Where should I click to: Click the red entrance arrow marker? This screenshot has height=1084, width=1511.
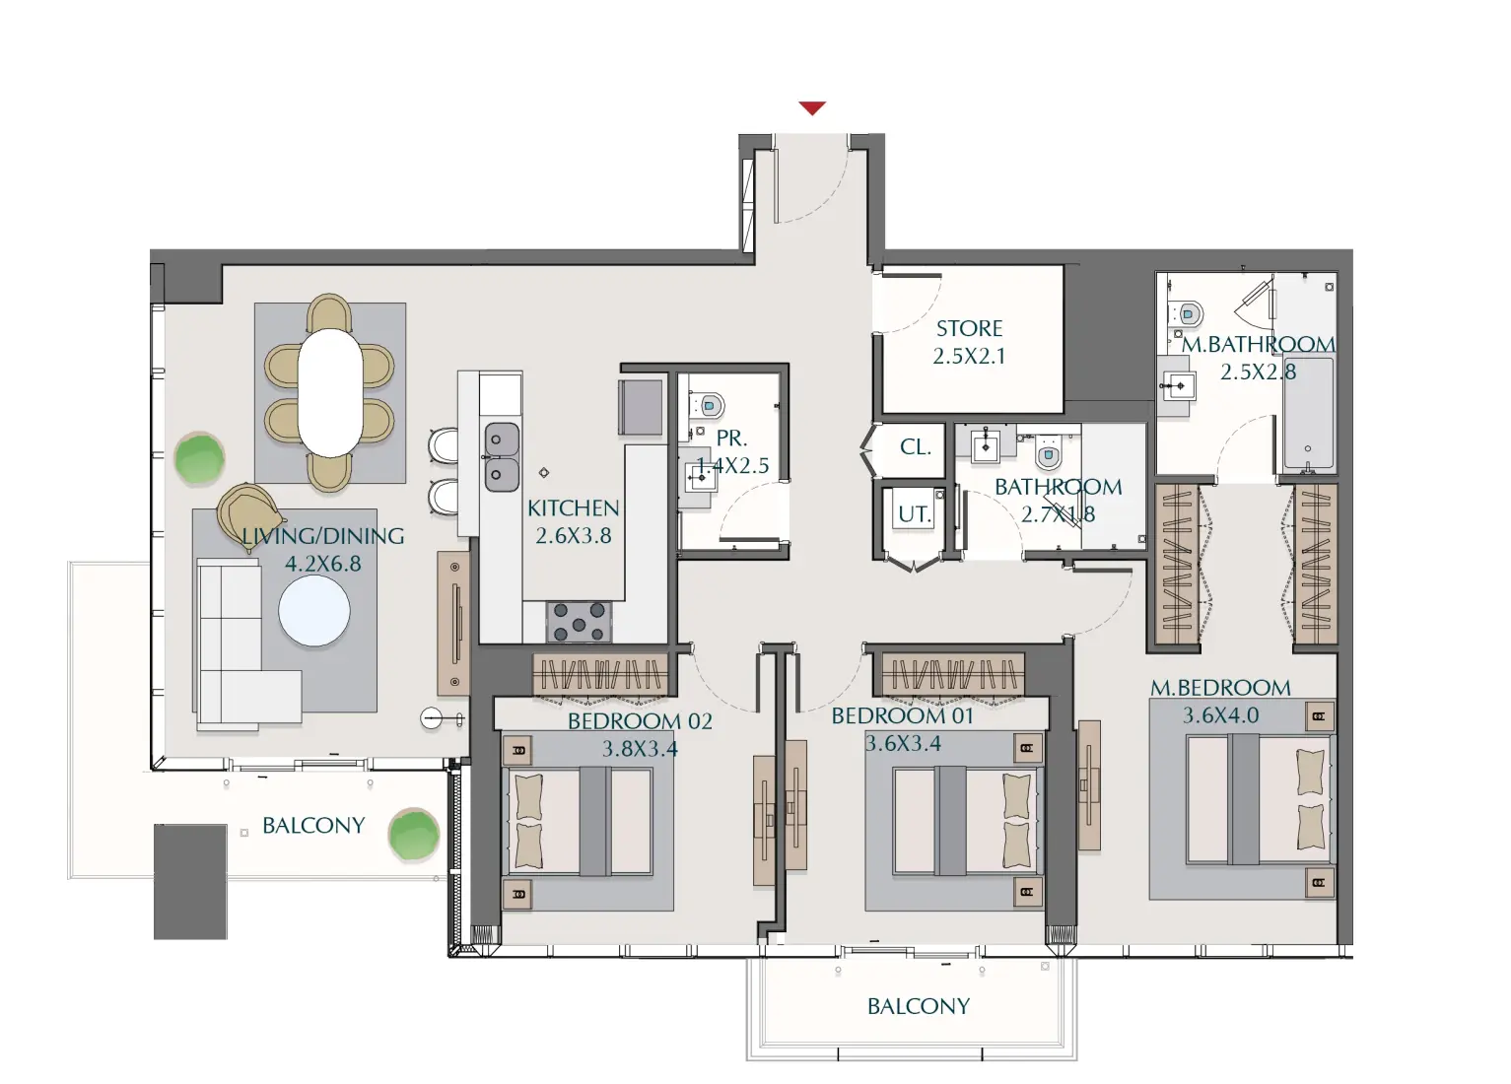click(811, 108)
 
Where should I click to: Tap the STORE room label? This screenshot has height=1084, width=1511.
click(969, 329)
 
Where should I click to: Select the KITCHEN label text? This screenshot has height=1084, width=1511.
click(573, 508)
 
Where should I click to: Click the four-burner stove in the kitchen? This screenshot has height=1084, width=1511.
click(579, 622)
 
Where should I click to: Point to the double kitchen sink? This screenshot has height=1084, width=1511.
click(502, 455)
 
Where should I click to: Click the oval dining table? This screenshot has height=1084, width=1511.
click(330, 391)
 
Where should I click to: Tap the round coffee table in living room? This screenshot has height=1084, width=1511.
click(313, 611)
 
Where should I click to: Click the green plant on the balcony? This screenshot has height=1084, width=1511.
click(413, 835)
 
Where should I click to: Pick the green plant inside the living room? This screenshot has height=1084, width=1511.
click(199, 458)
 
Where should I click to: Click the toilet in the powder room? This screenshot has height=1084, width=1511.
click(710, 405)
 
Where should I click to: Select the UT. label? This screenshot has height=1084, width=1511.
click(914, 513)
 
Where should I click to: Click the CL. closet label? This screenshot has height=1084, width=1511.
click(915, 447)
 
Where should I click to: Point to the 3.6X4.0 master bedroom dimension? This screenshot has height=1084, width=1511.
click(1220, 715)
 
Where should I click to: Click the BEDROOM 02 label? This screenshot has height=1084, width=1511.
click(639, 721)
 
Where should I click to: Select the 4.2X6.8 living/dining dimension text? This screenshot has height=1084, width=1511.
click(322, 564)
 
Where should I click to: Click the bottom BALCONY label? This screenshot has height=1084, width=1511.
click(918, 1006)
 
